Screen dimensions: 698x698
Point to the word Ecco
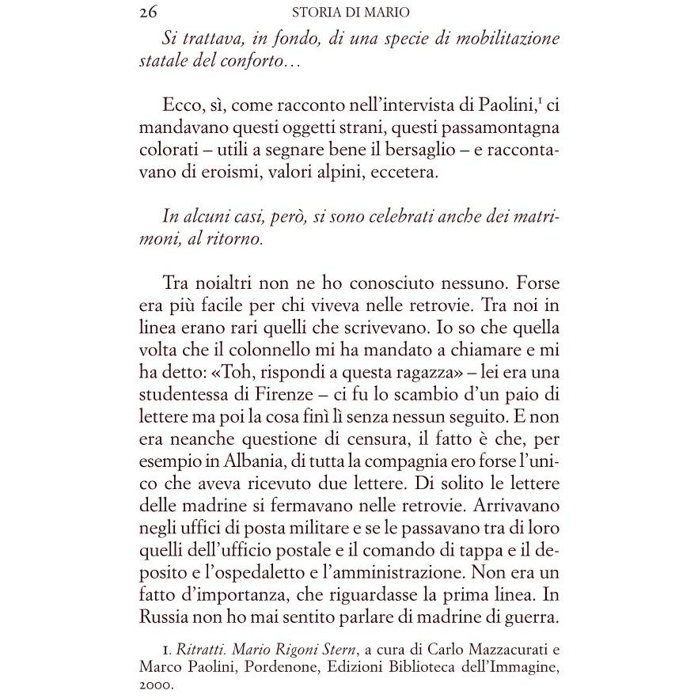[184, 106]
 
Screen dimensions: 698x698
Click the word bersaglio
[423, 151]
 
